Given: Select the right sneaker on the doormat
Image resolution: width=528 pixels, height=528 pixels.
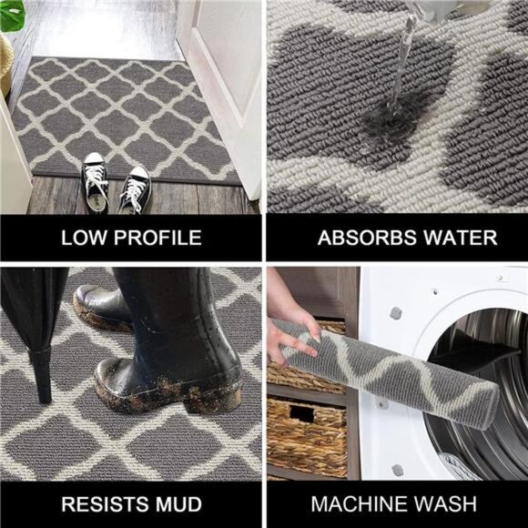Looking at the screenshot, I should click(136, 187).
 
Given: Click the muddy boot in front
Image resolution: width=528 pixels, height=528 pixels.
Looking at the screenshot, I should click(164, 364).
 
